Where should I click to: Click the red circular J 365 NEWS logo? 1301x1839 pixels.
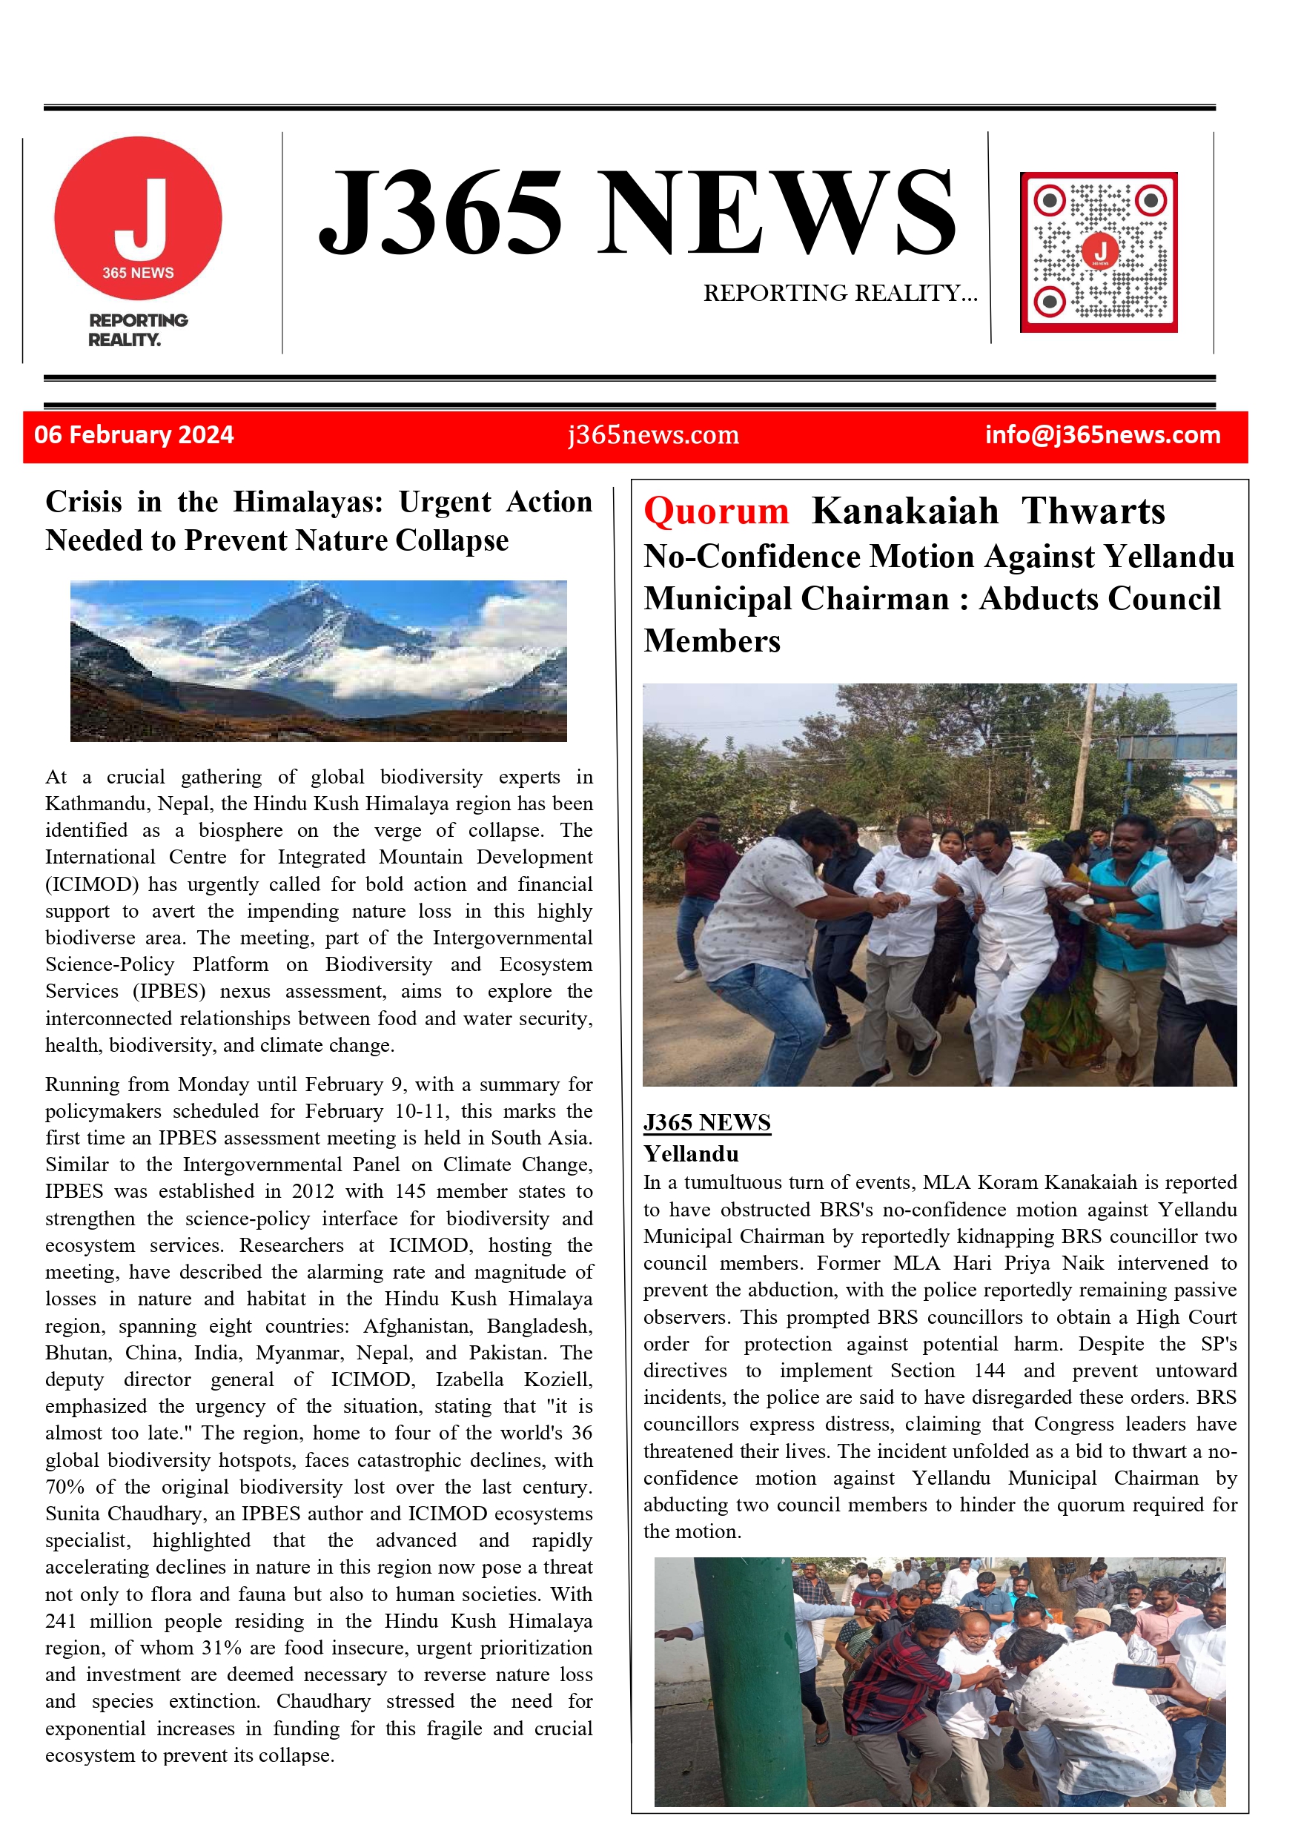click(138, 218)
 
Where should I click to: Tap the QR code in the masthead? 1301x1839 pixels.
click(1099, 252)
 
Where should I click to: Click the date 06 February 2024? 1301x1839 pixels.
click(133, 435)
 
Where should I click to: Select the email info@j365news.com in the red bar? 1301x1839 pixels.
click(1102, 435)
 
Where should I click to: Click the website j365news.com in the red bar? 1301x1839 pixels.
click(653, 435)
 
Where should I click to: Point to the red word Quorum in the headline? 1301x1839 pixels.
click(716, 511)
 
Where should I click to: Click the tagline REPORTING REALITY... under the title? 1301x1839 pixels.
click(840, 293)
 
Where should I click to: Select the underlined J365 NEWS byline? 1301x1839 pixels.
click(706, 1122)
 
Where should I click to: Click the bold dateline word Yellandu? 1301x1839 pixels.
click(691, 1153)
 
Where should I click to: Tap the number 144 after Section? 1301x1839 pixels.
click(989, 1371)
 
